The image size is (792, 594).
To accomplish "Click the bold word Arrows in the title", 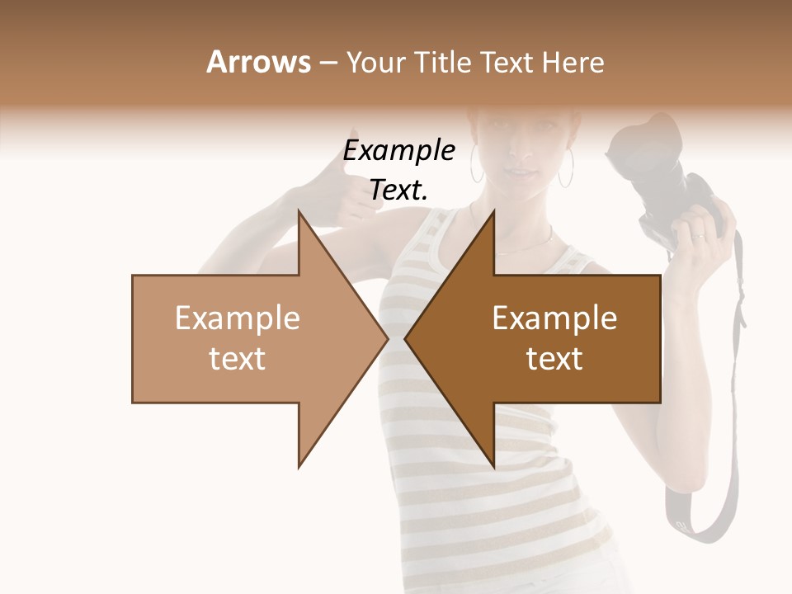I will coord(259,62).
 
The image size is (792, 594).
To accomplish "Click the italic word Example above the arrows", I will coord(399,151).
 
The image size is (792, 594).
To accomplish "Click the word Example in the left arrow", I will coord(237,318).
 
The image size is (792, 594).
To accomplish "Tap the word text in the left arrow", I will coord(237,358).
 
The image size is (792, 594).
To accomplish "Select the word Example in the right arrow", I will coord(554,318).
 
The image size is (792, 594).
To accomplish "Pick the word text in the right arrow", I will coord(554,358).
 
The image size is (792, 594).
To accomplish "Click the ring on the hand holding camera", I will coord(700,238).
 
